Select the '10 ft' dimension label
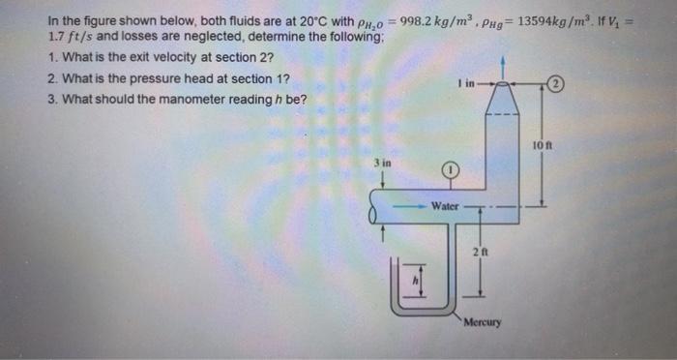(x=542, y=146)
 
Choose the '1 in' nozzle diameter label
(x=467, y=83)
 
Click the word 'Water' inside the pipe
(x=445, y=206)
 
